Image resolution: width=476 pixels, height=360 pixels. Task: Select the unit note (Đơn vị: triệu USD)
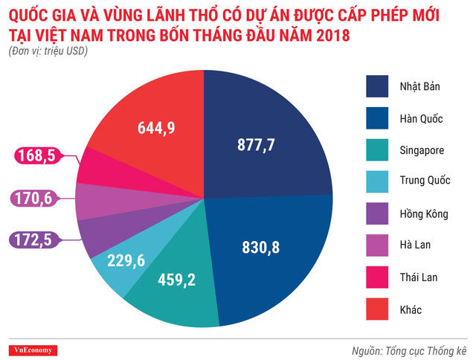coord(48,51)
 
